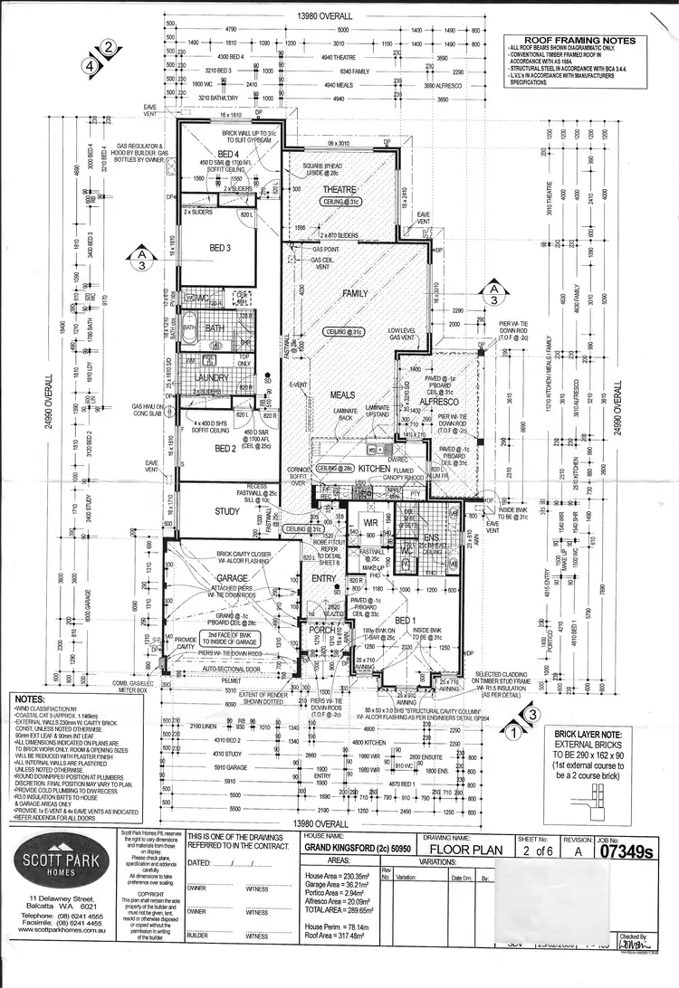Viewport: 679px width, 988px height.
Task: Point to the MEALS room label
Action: click(341, 395)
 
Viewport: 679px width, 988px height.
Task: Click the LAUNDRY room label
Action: click(214, 376)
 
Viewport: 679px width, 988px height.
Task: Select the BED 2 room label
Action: click(225, 448)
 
